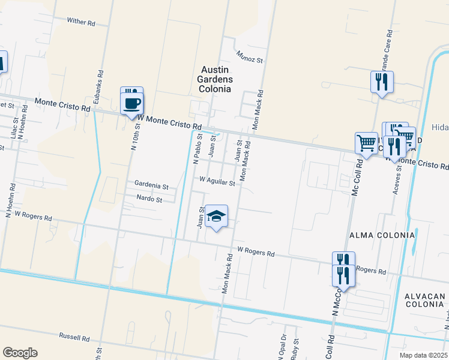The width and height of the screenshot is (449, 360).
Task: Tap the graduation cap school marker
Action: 216,217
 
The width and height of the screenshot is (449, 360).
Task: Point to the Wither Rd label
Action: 81,22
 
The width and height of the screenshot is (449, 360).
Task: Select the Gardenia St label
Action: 151,186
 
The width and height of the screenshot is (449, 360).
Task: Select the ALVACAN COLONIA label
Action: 424,302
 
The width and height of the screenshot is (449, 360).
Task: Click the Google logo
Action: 20,352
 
